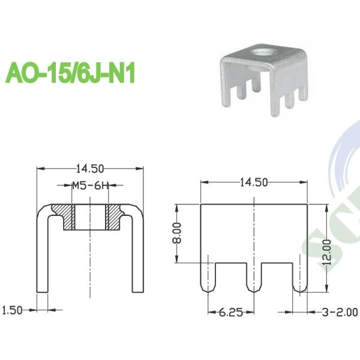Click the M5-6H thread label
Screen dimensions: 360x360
(x=89, y=185)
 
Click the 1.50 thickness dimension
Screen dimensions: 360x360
(x=12, y=310)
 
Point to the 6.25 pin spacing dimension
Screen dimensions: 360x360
(x=231, y=312)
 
